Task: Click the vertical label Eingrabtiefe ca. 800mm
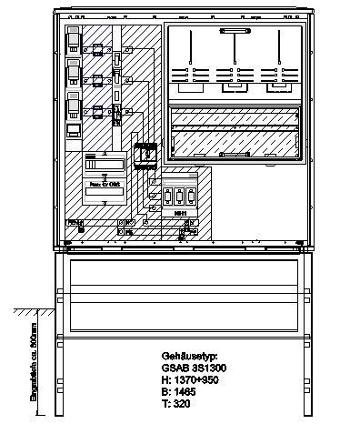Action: coord(34,364)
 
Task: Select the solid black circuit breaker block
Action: coord(145,156)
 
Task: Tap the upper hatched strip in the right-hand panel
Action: coord(235,117)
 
